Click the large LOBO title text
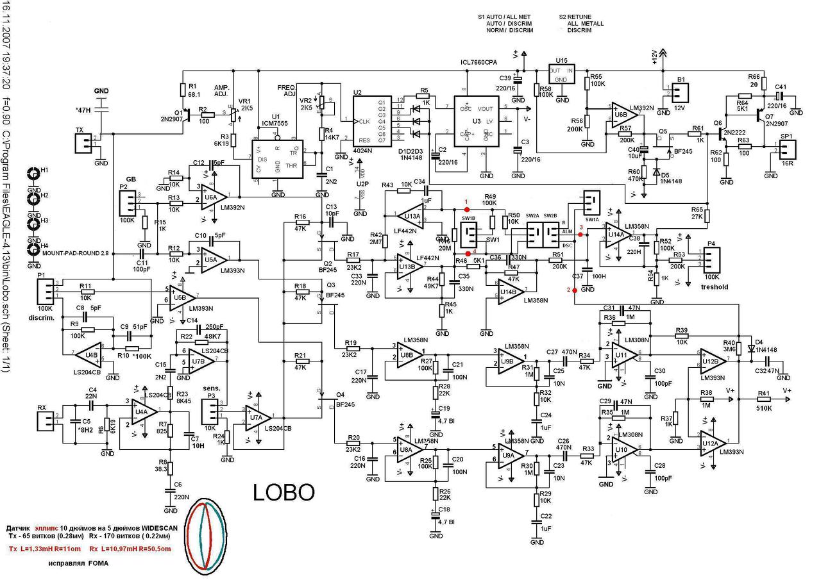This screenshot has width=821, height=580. (x=284, y=492)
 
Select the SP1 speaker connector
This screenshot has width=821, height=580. (x=786, y=150)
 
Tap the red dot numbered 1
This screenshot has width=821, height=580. (x=466, y=210)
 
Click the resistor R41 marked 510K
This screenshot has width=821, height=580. (x=763, y=401)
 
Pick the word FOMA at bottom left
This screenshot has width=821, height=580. (x=99, y=563)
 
